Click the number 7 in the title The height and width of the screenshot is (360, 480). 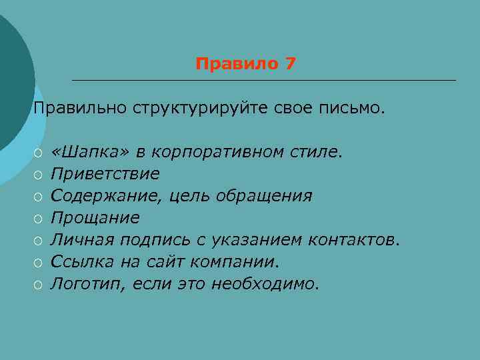click(290, 64)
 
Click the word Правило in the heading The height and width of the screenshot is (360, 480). click(237, 64)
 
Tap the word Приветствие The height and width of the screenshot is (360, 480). click(105, 174)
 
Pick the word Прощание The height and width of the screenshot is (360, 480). click(95, 218)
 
